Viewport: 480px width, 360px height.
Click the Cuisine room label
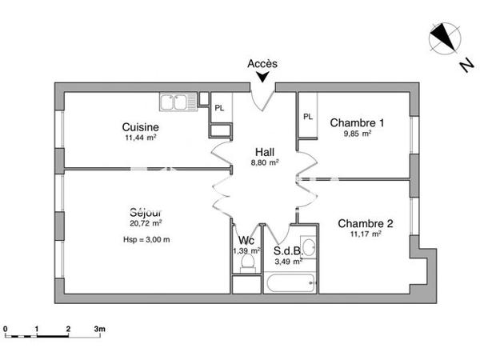tap(140, 126)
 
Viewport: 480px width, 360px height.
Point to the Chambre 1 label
tap(357, 122)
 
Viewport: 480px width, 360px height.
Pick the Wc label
tap(247, 241)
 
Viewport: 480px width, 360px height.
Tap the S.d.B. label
tap(288, 250)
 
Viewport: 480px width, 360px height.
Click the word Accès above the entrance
tap(262, 63)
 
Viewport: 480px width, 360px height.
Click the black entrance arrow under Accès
tap(262, 78)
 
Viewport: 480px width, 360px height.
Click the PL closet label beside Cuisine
tap(219, 107)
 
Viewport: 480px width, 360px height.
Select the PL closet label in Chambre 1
tap(308, 117)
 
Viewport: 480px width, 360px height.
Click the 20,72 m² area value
tap(146, 223)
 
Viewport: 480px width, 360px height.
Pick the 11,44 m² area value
tap(140, 138)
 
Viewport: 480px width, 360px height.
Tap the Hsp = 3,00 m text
tap(146, 239)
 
